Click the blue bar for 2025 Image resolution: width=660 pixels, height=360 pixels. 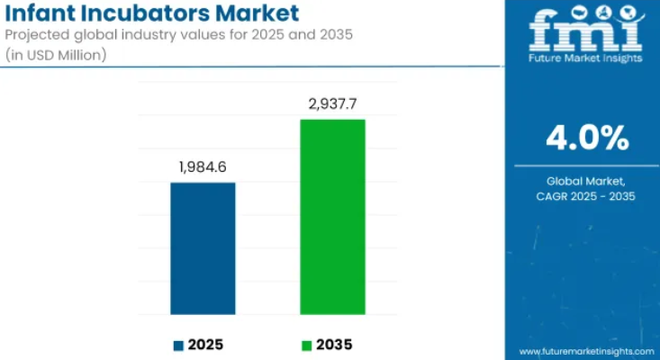tap(203, 248)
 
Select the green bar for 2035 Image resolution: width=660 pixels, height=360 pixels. tap(332, 217)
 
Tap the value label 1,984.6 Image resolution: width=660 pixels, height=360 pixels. tap(203, 167)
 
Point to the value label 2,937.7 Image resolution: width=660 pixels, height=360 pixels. tap(332, 103)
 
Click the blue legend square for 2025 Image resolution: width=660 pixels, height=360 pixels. tap(178, 346)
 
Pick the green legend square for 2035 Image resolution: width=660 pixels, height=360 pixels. tap(307, 346)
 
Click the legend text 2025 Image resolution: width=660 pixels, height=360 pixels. tap(205, 346)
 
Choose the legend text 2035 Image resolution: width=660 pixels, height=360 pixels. tap(334, 346)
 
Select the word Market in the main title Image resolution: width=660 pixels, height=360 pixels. tap(257, 13)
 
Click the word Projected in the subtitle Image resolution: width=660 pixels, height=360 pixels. tap(38, 35)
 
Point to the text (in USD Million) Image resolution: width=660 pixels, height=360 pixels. tap(56, 55)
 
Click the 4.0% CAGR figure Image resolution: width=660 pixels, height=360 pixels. tap(588, 138)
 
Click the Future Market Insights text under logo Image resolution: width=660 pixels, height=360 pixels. tap(585, 58)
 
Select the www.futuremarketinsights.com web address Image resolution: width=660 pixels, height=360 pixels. tap(587, 352)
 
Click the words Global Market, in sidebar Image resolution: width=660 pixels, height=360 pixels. tap(586, 182)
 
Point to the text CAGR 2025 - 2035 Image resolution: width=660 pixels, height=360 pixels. tap(586, 196)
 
